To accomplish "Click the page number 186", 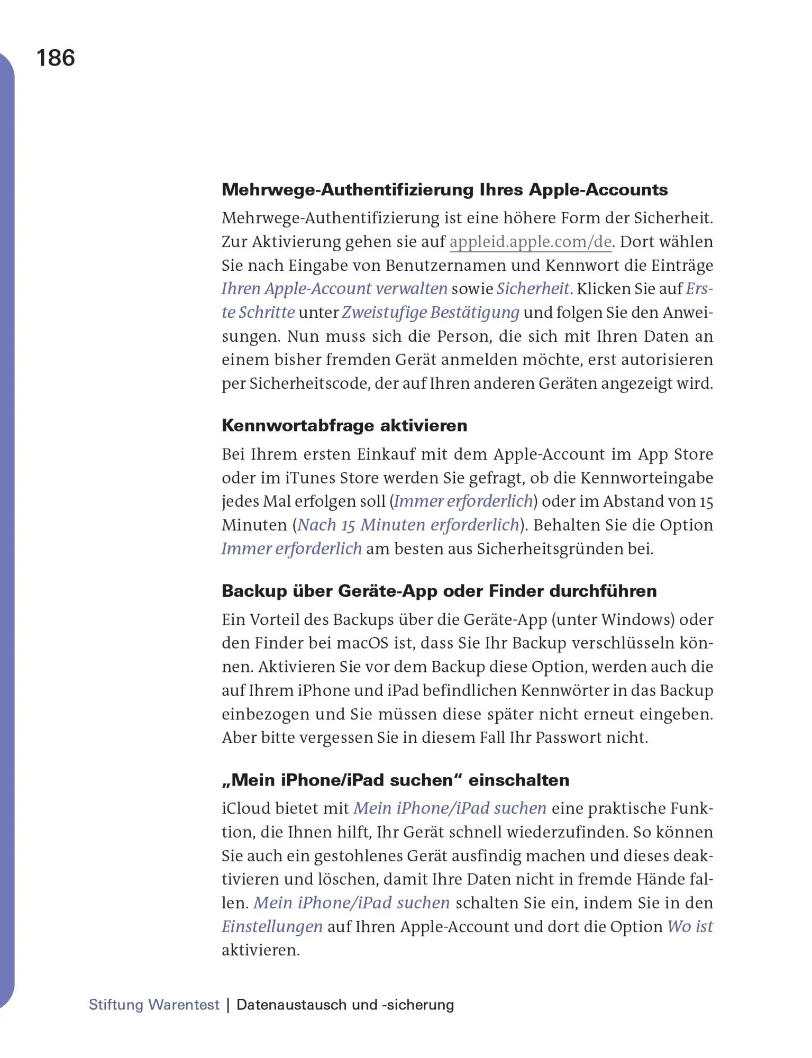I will (x=56, y=58).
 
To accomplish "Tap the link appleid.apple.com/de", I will (x=531, y=242).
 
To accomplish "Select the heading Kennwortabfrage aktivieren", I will (x=344, y=425).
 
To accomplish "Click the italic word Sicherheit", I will (x=533, y=289).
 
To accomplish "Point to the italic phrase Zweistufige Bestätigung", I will (x=431, y=313).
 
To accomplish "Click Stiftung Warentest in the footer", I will (x=154, y=1005).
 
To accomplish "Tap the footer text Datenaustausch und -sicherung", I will (x=345, y=1005).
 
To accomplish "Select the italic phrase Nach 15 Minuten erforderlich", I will (x=408, y=525).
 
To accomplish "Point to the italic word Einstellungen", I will (x=272, y=927).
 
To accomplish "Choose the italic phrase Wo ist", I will (x=690, y=927).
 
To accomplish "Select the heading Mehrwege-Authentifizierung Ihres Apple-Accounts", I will (x=444, y=189).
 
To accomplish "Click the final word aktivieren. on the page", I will (x=260, y=950).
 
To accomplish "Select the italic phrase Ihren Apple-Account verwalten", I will (x=334, y=289).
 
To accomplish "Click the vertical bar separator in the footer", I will (x=228, y=1005).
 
